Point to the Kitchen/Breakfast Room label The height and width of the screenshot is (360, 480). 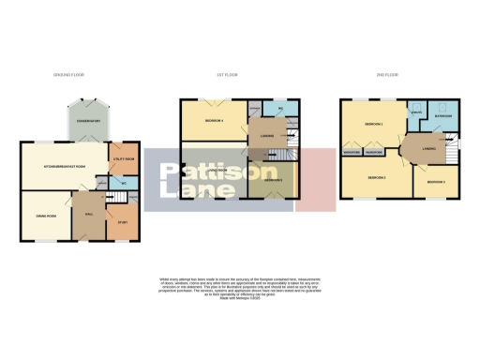[64, 166]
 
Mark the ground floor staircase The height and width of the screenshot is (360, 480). [109, 195]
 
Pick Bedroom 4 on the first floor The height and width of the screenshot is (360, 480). [215, 122]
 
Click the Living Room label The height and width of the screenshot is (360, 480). [217, 171]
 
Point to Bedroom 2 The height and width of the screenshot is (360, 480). [376, 176]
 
